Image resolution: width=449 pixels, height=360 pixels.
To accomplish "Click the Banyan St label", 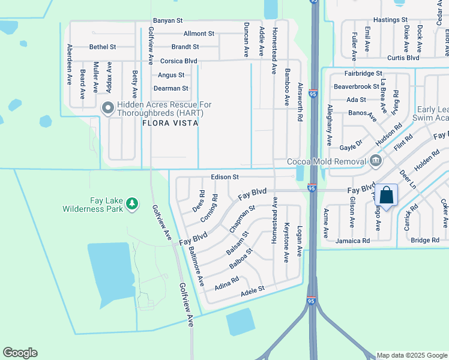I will point(167,20).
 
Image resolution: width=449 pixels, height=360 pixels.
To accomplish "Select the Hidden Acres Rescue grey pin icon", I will point(108,109).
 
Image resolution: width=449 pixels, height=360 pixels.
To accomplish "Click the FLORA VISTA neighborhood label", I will point(170,123).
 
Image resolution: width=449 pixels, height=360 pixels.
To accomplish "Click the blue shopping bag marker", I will point(387,195).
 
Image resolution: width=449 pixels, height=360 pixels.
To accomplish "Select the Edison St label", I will point(225,178).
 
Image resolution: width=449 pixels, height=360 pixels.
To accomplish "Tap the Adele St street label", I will point(252,290).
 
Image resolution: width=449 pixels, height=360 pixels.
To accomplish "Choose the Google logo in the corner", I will point(20,353).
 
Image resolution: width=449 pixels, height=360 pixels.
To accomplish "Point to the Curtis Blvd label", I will point(403,58).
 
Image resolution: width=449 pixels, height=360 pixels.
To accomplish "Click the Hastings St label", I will point(390,20).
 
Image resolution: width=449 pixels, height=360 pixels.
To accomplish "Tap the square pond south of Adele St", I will point(240,322).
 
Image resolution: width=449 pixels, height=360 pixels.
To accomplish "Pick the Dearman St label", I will point(170,88).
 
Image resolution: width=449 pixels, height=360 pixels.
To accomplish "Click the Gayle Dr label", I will point(351,145).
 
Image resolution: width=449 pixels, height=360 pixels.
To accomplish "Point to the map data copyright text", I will point(411,355).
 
